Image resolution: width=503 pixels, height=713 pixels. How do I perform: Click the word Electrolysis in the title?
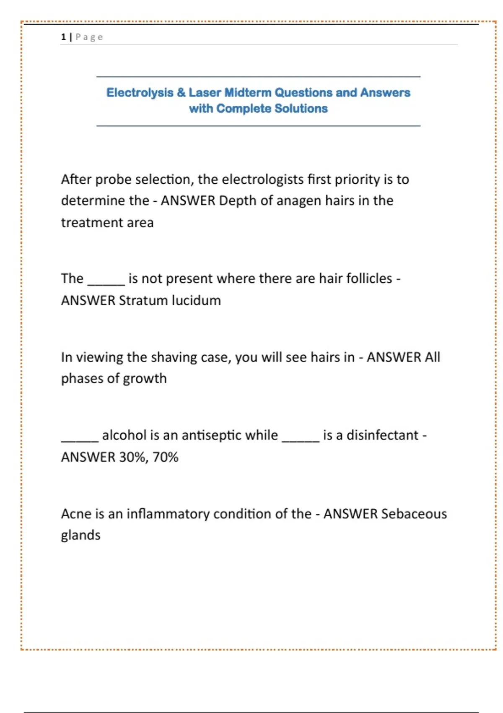coord(140,92)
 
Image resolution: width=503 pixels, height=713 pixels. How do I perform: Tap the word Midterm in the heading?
coord(248,92)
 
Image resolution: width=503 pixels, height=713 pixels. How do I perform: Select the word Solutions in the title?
coord(301,109)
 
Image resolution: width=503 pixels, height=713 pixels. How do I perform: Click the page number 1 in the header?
coord(63,37)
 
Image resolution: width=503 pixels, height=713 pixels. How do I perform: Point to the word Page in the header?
coord(89,37)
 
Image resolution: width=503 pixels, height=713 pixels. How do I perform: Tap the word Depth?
coord(237,200)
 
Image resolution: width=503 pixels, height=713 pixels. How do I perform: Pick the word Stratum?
coord(143,300)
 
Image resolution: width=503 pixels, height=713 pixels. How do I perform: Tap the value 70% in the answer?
coord(166,457)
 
